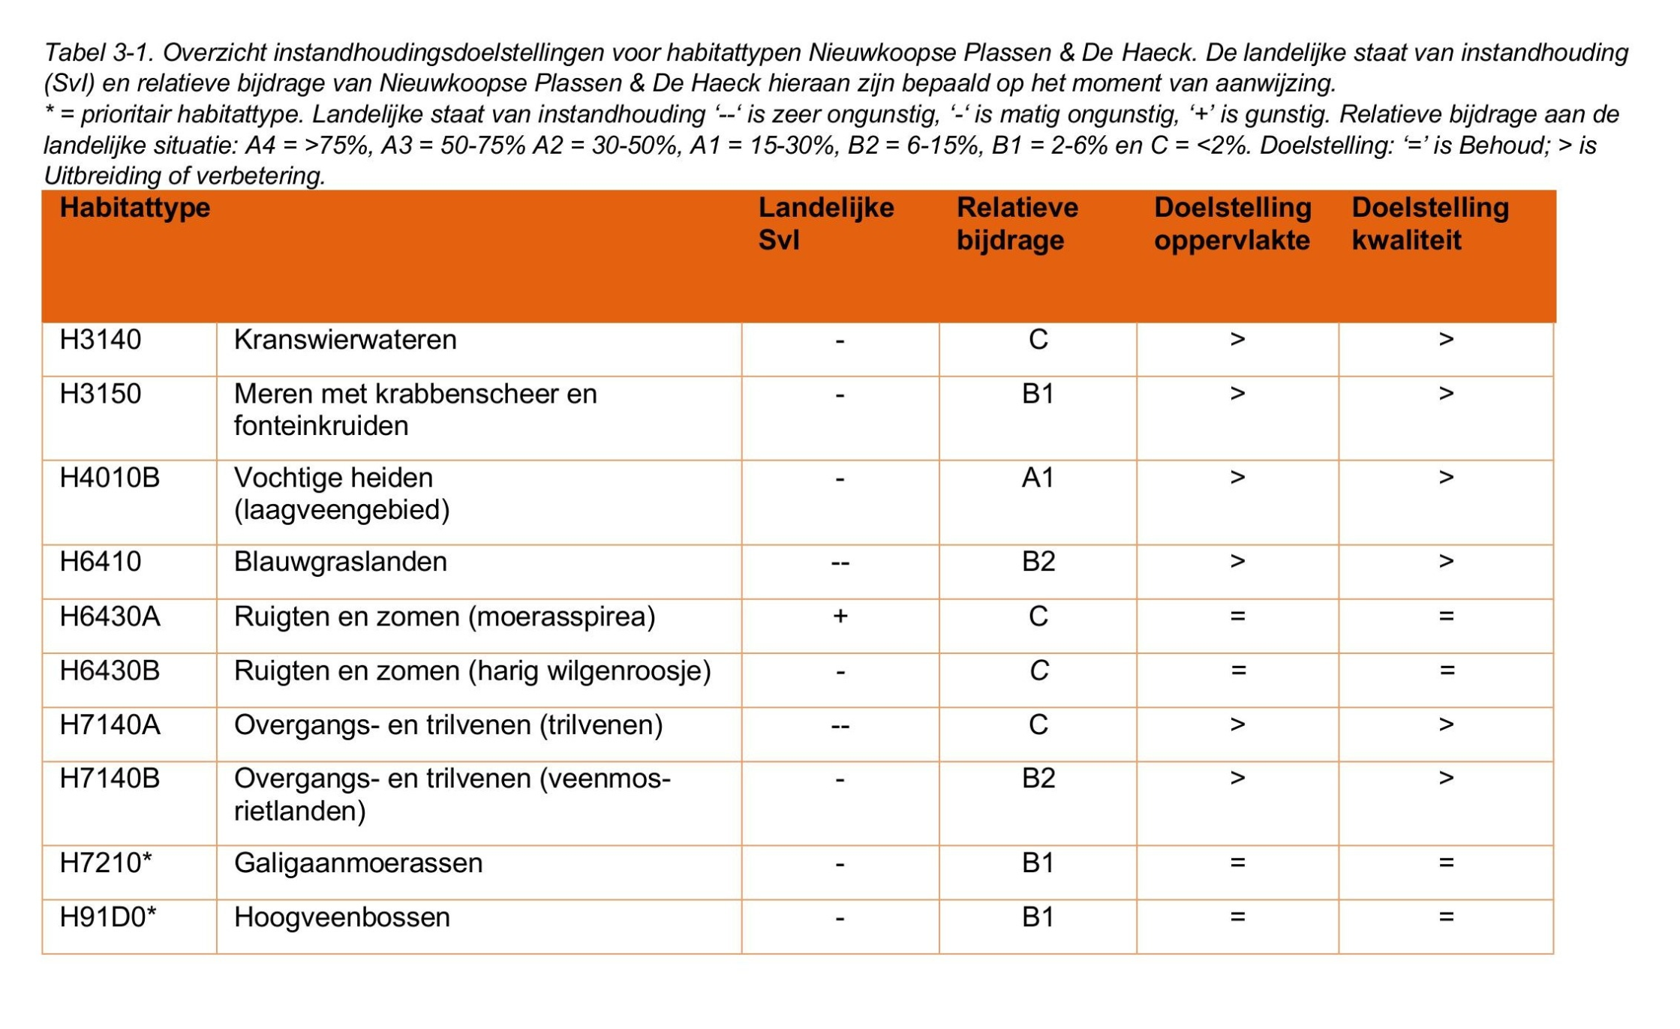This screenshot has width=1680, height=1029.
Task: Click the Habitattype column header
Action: tap(135, 208)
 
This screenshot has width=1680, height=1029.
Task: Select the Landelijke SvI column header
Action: tap(825, 223)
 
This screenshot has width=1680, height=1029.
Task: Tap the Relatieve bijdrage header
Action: tap(1017, 223)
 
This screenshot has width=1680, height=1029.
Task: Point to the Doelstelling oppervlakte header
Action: tap(1232, 223)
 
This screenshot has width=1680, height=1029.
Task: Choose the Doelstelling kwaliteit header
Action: tap(1429, 223)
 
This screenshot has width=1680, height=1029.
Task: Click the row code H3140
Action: tap(101, 340)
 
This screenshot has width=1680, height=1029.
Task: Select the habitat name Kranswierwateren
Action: tap(345, 340)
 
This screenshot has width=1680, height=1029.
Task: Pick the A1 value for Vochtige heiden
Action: tap(1038, 478)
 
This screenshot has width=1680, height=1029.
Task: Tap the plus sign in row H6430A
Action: tap(840, 616)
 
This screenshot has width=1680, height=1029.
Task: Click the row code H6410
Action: tap(101, 562)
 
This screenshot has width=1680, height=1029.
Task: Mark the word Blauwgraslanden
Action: tap(340, 562)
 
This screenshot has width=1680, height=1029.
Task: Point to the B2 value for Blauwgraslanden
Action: tap(1038, 562)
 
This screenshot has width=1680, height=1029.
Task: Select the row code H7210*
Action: tap(106, 863)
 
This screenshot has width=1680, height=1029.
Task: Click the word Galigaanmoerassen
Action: tap(358, 863)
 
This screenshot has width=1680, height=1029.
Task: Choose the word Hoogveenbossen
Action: tap(341, 917)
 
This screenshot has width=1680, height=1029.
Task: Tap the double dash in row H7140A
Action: tap(840, 726)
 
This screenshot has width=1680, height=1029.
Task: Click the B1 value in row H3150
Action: tap(1038, 394)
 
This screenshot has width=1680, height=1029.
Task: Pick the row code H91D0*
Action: tap(108, 917)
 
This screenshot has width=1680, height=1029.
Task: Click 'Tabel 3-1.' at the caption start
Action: tap(99, 52)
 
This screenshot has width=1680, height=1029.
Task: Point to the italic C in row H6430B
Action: tap(1038, 670)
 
